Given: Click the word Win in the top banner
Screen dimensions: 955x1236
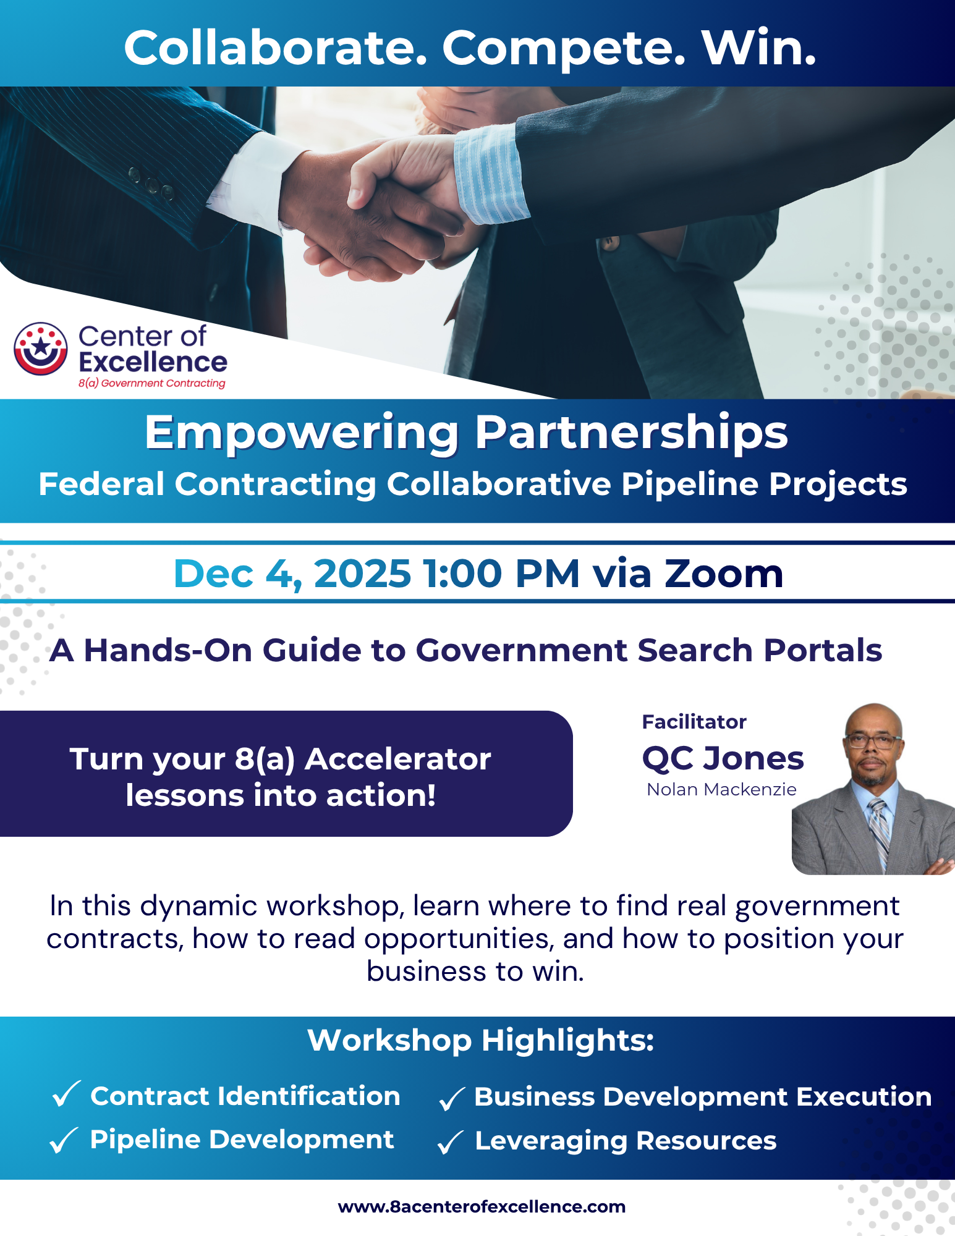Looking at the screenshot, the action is pos(759,48).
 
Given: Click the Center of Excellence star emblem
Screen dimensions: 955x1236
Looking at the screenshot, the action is pos(41,349).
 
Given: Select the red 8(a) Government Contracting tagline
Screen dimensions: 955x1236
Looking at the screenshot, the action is pos(152,383).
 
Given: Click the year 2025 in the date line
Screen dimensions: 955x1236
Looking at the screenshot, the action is pos(362,574).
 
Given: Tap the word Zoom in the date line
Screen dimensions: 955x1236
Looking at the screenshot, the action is pos(724,574).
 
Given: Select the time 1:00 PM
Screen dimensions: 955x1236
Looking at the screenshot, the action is pos(501,574).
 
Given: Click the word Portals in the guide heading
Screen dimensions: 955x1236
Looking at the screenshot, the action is pos(822,650).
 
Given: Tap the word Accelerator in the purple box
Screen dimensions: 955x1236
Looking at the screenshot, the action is pos(398,759).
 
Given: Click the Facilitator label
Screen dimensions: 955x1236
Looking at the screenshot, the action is pos(694,722).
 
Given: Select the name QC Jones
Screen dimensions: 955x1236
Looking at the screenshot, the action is pos(723,758).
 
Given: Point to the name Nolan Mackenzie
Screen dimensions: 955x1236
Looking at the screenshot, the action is pos(721,789).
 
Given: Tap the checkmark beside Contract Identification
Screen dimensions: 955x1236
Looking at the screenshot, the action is pos(67,1094).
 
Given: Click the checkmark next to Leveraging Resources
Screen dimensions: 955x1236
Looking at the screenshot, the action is pos(451,1141).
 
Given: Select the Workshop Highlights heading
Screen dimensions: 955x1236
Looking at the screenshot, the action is pos(481,1041).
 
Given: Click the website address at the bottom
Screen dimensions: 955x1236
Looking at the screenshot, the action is pos(482,1206).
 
